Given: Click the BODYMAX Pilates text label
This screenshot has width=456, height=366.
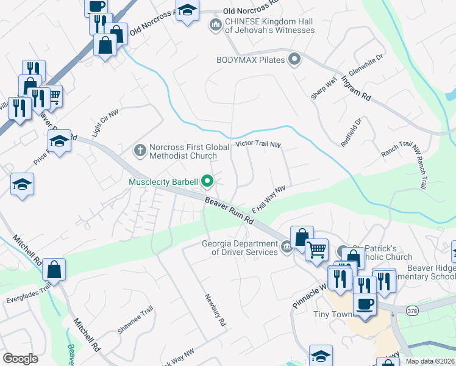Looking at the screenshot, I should [251, 60].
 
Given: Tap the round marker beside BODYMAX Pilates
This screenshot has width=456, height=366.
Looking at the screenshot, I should [295, 60].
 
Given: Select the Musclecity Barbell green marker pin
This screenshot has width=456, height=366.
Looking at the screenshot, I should [207, 181].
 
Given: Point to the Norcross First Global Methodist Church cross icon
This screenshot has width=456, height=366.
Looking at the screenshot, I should [140, 150].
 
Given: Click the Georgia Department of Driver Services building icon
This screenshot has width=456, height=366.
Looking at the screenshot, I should [287, 247].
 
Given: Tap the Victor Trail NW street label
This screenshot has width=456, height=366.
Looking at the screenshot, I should [258, 145].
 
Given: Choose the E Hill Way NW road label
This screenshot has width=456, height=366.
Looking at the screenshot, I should [268, 199].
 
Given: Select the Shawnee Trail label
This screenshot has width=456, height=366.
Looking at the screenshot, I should [134, 320].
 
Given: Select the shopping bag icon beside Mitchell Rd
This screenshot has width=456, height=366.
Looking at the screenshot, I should [54, 269].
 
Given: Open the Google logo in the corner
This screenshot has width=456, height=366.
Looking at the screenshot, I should [20, 359].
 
